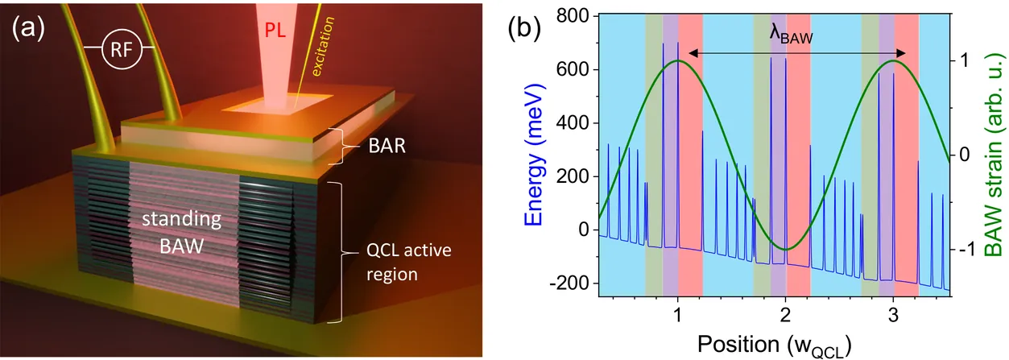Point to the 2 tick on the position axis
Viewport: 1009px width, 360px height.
pos(785,314)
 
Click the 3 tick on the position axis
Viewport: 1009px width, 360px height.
pos(893,314)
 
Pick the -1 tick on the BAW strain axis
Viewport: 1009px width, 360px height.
pos(969,250)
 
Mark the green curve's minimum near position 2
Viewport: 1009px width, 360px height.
pos(786,250)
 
